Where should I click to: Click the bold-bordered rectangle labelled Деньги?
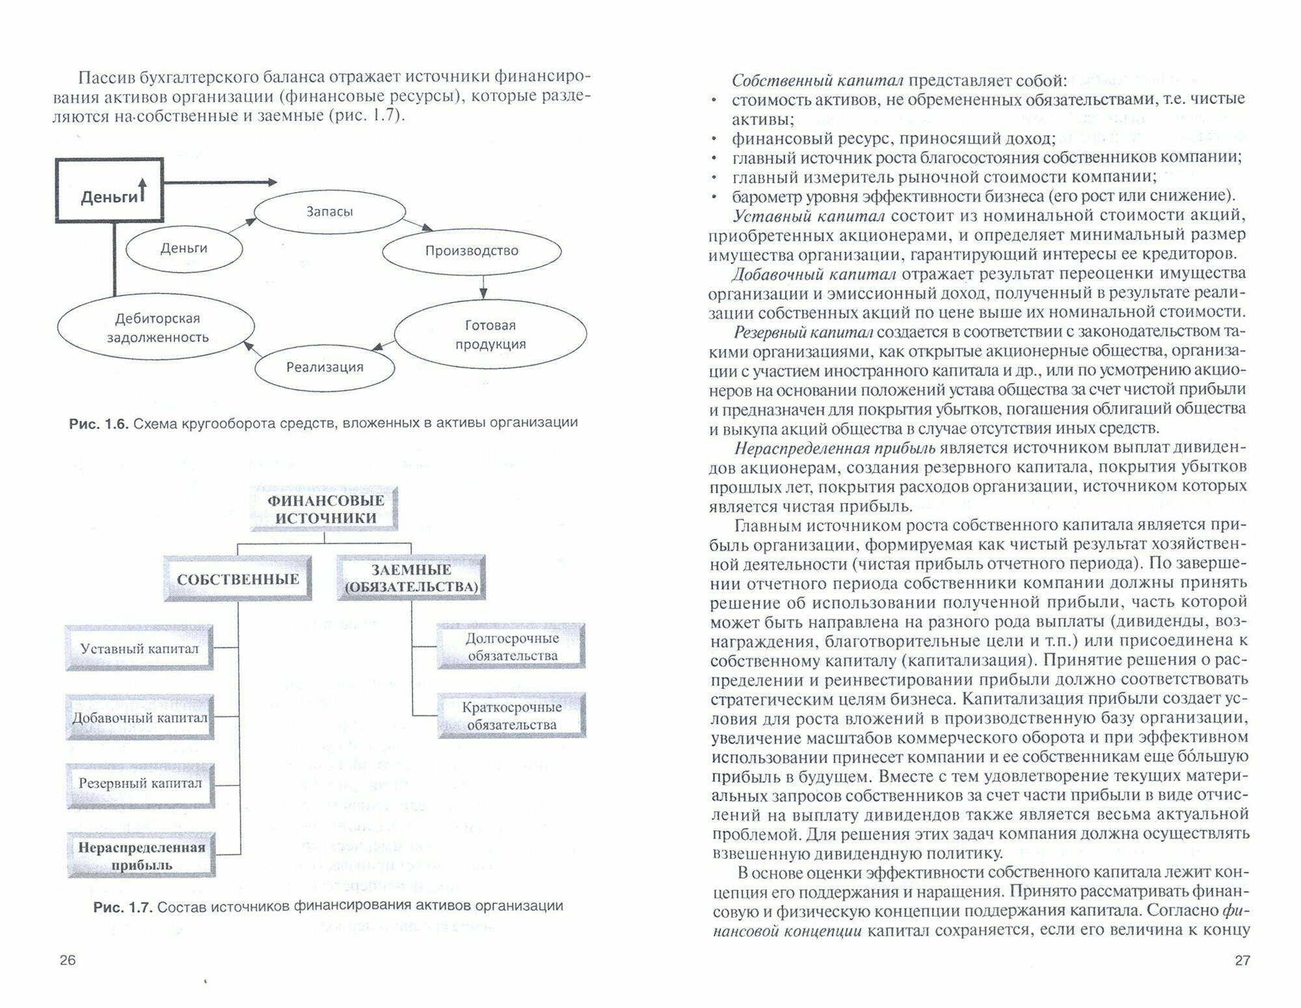109,191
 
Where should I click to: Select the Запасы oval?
329,211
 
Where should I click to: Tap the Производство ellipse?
472,251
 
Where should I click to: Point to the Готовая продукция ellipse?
490,334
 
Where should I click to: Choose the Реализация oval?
325,368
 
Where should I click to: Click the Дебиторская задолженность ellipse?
156,328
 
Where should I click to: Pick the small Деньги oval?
183,248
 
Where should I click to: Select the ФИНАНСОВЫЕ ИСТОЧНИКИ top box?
325,510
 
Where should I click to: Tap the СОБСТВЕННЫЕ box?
237,579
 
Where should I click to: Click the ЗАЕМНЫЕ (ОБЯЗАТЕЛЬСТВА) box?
411,578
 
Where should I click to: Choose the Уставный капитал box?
139,648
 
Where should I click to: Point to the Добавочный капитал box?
140,718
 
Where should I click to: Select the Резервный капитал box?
140,783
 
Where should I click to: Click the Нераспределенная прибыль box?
141,856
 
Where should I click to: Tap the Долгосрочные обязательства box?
511,647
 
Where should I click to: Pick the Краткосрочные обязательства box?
511,716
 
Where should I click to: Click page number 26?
68,960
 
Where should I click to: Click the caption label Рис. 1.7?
122,906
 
